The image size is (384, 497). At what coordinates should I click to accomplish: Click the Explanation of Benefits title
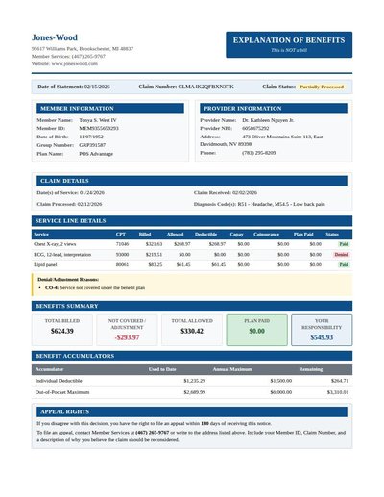point(289,39)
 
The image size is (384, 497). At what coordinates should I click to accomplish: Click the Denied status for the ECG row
point(342,254)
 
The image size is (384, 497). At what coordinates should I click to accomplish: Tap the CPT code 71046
point(122,244)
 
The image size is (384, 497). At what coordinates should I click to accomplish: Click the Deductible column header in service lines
point(205,234)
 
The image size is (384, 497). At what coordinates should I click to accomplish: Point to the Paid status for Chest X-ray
point(343,244)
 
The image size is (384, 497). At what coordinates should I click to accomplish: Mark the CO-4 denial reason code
point(52,287)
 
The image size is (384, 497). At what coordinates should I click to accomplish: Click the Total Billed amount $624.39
point(62,331)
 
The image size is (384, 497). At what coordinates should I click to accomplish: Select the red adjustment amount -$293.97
point(127,337)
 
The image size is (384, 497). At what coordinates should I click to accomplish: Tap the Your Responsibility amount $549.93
point(322,337)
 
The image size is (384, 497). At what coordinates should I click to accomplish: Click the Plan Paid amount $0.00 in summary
point(256,331)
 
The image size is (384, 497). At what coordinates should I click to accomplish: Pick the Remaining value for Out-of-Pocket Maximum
point(338,392)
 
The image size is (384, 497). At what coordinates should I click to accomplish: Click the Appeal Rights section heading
point(66,411)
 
